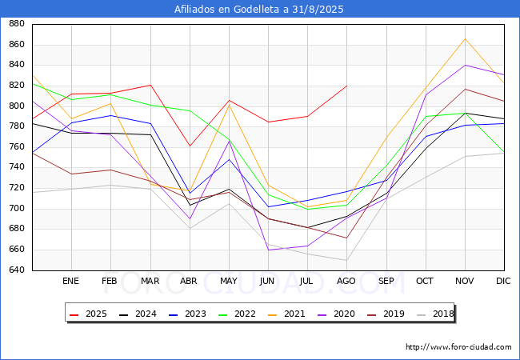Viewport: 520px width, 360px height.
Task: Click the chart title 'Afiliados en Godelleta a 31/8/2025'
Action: [x=260, y=10]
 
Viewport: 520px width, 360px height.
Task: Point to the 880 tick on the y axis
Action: [x=15, y=24]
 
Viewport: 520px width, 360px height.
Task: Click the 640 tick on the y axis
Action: [x=15, y=270]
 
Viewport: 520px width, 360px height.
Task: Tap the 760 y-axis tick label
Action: [x=15, y=147]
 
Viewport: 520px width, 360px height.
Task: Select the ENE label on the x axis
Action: [x=71, y=282]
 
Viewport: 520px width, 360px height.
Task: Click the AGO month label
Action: [x=346, y=282]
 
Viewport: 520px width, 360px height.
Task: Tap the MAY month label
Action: [x=229, y=282]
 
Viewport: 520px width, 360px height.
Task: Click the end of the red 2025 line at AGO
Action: [x=346, y=86]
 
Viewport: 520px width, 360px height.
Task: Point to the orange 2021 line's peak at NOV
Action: [x=465, y=39]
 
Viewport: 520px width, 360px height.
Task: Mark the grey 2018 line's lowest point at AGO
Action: [x=346, y=260]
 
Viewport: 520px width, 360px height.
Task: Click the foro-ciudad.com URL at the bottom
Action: [x=458, y=347]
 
